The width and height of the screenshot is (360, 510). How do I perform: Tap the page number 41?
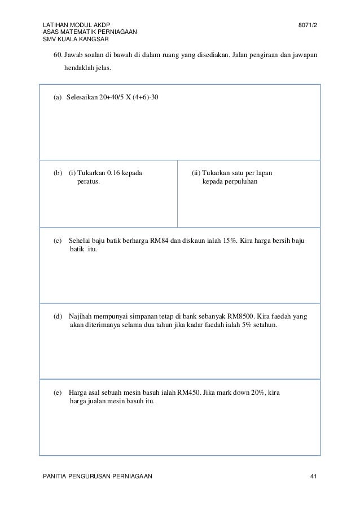(313, 478)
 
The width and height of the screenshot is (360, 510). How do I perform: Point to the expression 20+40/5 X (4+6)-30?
(129, 97)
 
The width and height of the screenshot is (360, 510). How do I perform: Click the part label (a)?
(58, 97)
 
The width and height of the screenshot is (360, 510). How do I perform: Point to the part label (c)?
(58, 241)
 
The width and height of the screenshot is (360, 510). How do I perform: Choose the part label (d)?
(58, 316)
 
